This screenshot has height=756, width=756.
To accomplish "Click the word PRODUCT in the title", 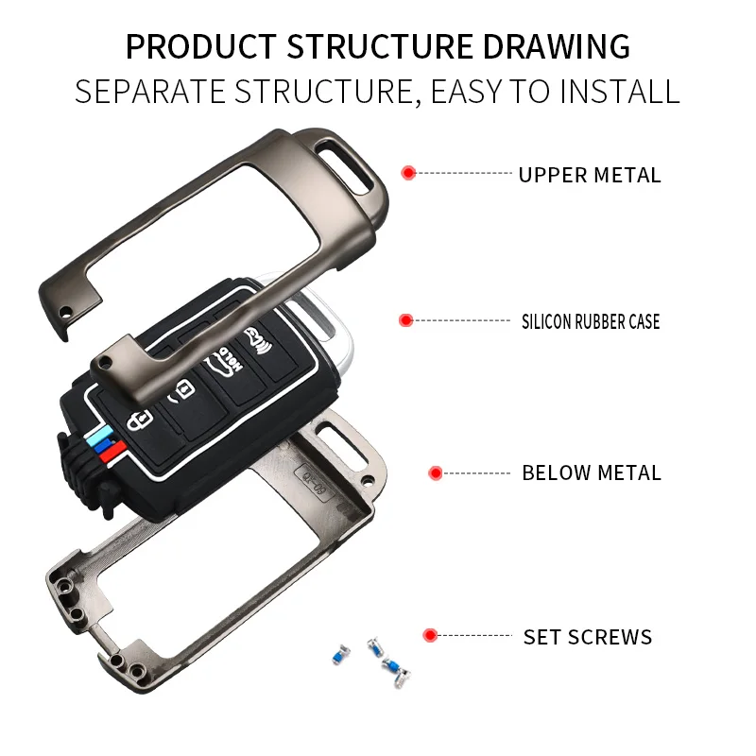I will click(199, 46).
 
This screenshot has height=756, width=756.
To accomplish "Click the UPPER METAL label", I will click(590, 175).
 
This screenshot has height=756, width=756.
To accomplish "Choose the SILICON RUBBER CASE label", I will click(591, 321).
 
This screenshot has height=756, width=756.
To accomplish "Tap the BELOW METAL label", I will click(592, 472).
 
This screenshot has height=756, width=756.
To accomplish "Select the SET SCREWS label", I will click(588, 637).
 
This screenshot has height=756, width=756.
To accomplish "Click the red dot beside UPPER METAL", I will click(408, 173).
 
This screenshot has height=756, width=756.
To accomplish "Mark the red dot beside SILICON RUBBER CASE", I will click(405, 320).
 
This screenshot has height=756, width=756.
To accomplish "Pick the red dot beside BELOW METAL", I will click(436, 472).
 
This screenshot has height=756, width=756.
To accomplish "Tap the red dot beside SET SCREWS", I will click(430, 635).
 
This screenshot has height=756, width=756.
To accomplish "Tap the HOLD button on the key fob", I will click(228, 365).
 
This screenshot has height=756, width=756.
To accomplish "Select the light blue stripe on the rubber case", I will click(94, 439).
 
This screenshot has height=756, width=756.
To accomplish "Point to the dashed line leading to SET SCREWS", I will click(476, 636).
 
